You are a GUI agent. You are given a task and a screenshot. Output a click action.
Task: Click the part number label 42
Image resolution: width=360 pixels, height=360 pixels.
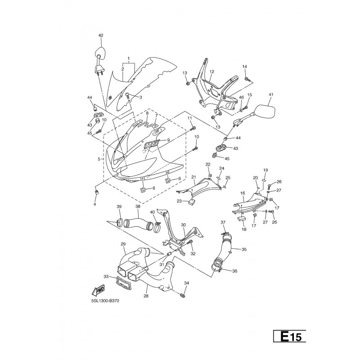point(101,36)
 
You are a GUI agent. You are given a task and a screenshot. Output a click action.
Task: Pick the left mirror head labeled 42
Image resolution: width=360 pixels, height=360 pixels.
point(100,53)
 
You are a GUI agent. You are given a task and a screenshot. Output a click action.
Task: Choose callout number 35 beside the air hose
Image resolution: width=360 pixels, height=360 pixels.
point(244,249)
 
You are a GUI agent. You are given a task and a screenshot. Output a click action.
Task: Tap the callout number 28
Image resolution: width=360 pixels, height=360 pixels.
point(146,296)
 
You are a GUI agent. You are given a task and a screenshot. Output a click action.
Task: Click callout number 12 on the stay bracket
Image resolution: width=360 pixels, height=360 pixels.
point(211,72)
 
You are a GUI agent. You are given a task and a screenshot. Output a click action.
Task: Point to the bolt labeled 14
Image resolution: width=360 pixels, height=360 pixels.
point(247,79)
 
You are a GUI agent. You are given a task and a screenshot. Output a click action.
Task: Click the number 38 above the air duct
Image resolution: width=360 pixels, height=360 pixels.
point(138,207)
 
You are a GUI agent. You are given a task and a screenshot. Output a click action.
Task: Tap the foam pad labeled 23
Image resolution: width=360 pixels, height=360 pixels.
point(192,202)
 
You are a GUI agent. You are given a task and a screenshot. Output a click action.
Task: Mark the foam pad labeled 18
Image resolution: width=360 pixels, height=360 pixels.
point(241,218)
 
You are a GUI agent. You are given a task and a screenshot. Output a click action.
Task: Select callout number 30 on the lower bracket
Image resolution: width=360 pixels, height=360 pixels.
point(183,225)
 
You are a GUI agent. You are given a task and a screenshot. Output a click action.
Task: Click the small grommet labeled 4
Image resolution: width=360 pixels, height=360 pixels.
point(97,192)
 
